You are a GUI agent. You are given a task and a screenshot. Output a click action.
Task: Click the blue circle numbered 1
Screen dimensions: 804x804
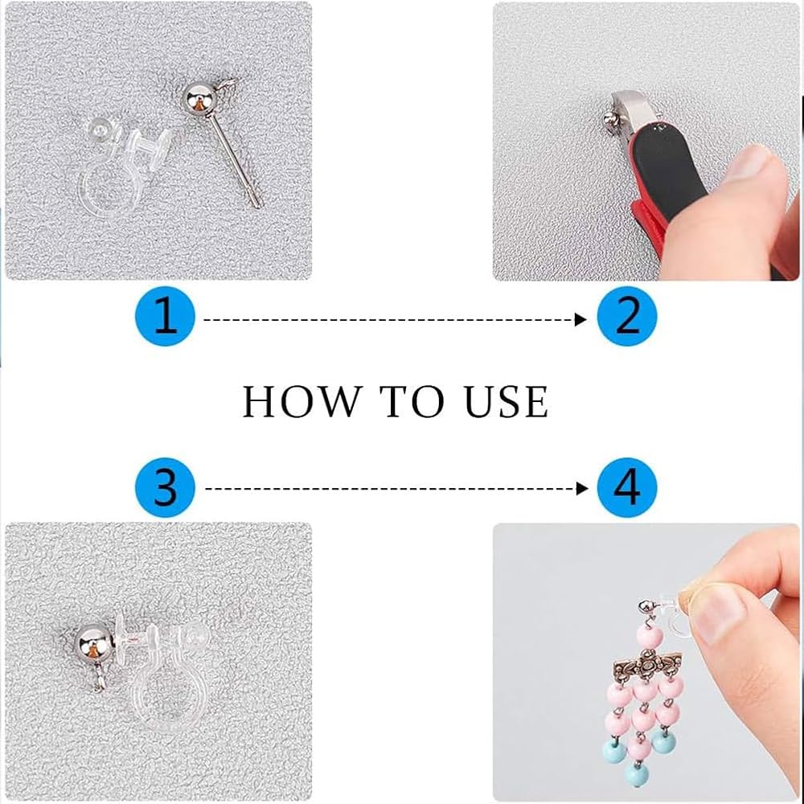(165, 316)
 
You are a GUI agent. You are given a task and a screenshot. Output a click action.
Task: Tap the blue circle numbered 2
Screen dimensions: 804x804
(627, 316)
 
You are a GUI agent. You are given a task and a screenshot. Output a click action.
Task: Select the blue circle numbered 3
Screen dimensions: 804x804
(165, 488)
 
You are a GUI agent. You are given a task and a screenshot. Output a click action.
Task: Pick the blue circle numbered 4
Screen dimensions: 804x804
(627, 488)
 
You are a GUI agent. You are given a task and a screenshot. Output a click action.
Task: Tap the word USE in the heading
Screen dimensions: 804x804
(506, 401)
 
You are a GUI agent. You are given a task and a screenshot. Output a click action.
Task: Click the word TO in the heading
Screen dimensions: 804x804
(412, 401)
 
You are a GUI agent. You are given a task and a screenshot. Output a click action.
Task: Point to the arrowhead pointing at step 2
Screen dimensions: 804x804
(580, 320)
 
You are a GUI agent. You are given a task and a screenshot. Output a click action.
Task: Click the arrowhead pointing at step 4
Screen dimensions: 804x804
(582, 489)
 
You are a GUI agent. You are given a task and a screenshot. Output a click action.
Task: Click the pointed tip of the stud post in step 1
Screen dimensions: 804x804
(257, 206)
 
